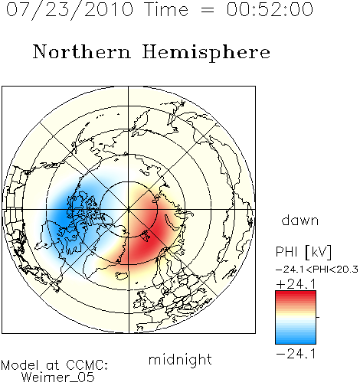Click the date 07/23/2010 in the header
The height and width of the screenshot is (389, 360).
70,10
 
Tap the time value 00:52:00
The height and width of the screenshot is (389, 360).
270,10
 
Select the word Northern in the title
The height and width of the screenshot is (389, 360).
82,52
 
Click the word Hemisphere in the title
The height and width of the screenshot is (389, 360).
206,53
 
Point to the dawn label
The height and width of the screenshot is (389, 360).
300,220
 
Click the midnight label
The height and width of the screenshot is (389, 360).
180,359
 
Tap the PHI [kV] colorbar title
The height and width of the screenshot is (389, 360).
303,252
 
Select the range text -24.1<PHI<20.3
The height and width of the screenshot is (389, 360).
317,270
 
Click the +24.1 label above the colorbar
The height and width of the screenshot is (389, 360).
296,284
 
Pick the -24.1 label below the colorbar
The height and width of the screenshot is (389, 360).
296,354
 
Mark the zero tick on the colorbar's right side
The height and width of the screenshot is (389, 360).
318,317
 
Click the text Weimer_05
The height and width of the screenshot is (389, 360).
58,378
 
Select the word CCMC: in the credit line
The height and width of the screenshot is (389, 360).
87,365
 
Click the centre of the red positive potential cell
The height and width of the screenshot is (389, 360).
148,230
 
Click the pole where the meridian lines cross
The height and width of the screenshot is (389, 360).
129,210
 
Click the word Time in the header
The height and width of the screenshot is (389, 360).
166,10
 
